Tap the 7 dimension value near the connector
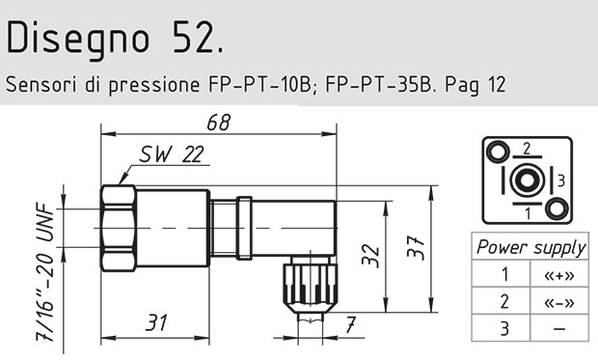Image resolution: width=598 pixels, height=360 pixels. (350, 323)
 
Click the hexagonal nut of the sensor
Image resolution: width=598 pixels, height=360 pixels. (118, 230)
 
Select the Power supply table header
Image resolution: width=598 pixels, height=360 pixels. (531, 247)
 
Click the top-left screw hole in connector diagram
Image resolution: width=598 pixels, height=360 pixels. (497, 151)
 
